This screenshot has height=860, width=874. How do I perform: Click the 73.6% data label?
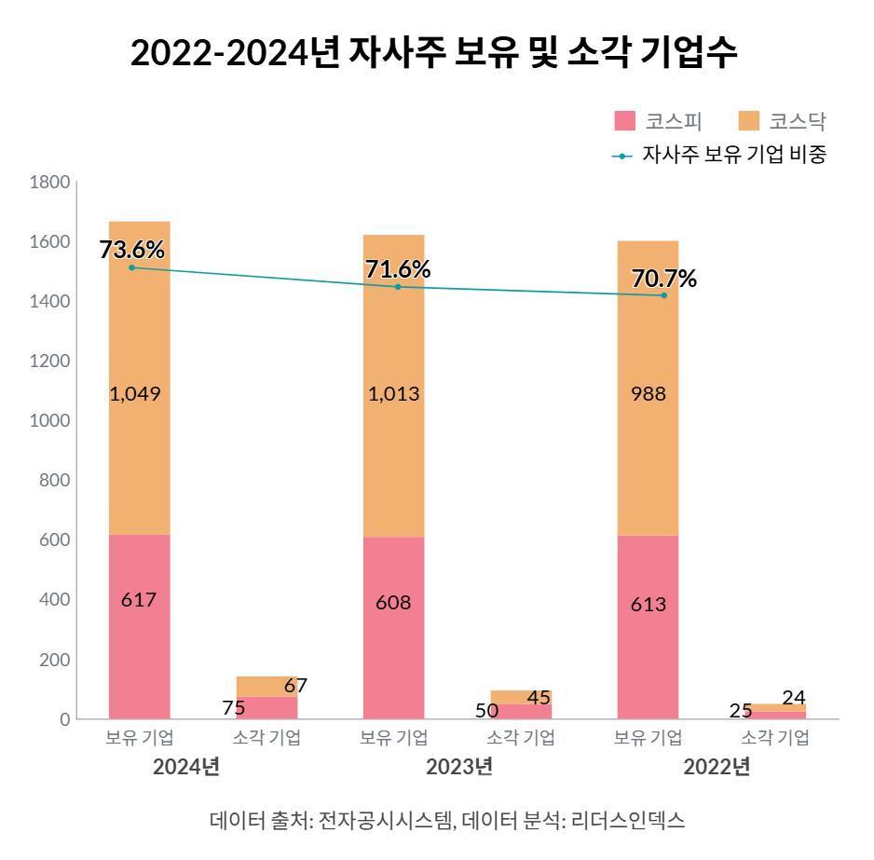(131, 250)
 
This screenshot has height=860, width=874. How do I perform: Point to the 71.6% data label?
(398, 269)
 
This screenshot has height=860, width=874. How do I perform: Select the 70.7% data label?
(663, 278)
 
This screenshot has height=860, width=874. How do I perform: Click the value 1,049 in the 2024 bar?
(135, 393)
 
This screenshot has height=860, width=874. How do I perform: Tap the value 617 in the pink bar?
(139, 599)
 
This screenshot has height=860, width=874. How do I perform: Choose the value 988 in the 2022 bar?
(648, 393)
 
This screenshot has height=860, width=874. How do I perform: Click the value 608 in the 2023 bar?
(392, 602)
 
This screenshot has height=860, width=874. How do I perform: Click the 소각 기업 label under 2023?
(521, 738)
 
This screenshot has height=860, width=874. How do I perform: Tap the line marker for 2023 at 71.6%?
(398, 287)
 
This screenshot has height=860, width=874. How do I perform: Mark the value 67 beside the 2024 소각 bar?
(295, 686)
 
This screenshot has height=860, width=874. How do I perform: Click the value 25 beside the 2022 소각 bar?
(741, 711)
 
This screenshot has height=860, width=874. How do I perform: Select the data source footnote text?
(447, 821)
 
